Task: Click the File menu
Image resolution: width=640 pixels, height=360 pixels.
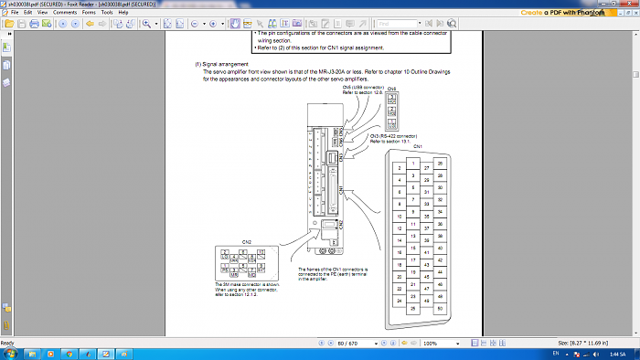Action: pyautogui.click(x=15, y=13)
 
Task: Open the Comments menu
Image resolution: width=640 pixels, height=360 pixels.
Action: pyautogui.click(x=65, y=13)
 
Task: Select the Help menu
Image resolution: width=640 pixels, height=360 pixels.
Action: pyautogui.click(x=132, y=13)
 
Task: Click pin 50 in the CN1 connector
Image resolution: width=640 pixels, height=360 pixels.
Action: pyautogui.click(x=440, y=310)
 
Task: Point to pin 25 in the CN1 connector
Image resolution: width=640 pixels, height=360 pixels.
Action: pyautogui.click(x=414, y=308)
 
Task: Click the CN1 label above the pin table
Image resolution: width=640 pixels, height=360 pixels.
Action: pyautogui.click(x=419, y=146)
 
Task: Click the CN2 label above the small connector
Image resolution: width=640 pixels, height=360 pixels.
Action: pyautogui.click(x=246, y=242)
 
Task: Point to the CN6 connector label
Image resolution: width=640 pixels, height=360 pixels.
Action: pyautogui.click(x=392, y=89)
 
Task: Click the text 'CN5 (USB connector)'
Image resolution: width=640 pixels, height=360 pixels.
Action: pyautogui.click(x=361, y=88)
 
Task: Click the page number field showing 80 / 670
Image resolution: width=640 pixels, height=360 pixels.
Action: pyautogui.click(x=347, y=343)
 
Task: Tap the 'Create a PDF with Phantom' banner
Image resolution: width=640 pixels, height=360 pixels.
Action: pyautogui.click(x=576, y=13)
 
